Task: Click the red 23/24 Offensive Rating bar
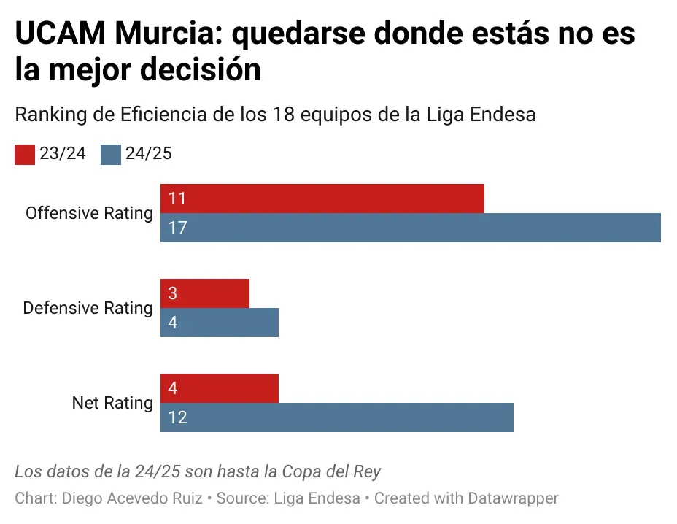pyautogui.click(x=322, y=199)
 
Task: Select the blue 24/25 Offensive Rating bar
pyautogui.click(x=410, y=228)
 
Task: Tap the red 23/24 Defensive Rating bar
pyautogui.click(x=205, y=293)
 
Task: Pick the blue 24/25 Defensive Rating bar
pyautogui.click(x=220, y=323)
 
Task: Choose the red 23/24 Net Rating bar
pyautogui.click(x=220, y=388)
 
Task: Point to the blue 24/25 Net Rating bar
pyautogui.click(x=337, y=417)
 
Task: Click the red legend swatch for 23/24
pyautogui.click(x=25, y=155)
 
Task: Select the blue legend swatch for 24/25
pyautogui.click(x=111, y=155)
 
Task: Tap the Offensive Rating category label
pyautogui.click(x=89, y=213)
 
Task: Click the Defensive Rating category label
pyautogui.click(x=88, y=308)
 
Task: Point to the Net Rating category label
pyautogui.click(x=112, y=403)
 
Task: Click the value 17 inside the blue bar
pyautogui.click(x=177, y=228)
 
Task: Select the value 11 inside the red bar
pyautogui.click(x=177, y=199)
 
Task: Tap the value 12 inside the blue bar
pyautogui.click(x=177, y=417)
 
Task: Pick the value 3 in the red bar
pyautogui.click(x=173, y=293)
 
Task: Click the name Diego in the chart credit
pyautogui.click(x=80, y=498)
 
